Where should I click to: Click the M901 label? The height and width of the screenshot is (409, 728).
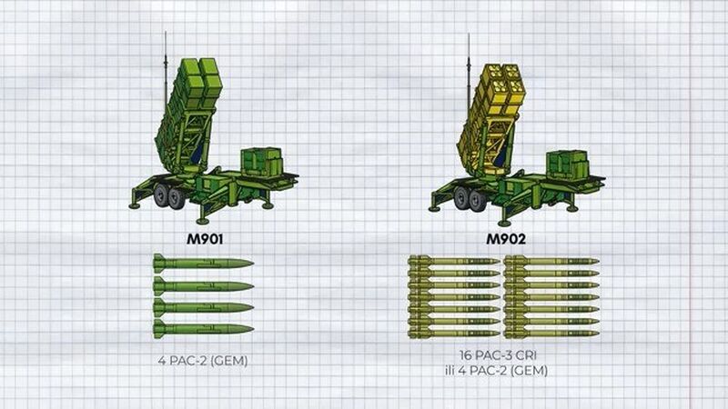pos(205,239)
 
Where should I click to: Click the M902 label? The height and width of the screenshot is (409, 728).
pos(506,239)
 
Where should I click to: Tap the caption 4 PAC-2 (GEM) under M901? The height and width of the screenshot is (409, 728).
pos(203,360)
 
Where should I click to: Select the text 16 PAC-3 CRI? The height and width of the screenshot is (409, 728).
pos(498,355)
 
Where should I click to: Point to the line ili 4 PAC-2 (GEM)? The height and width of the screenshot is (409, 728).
pos(496,371)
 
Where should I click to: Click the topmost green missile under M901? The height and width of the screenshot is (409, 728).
pos(203,264)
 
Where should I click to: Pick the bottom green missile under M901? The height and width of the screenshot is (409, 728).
pos(203,329)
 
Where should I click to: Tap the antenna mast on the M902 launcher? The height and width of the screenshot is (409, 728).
pos(469,70)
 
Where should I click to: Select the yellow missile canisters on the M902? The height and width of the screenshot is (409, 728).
pos(491,111)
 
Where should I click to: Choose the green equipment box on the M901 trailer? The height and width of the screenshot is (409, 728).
pos(261,163)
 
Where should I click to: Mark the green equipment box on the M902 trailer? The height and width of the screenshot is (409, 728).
pos(567,165)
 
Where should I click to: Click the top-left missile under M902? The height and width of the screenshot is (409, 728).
pos(453,262)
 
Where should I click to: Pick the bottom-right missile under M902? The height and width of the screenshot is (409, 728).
pos(551,333)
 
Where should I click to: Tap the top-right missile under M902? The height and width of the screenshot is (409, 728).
pos(551,262)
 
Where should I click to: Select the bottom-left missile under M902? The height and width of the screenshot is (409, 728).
pos(453,333)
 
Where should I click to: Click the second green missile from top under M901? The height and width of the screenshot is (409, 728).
pos(203,286)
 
